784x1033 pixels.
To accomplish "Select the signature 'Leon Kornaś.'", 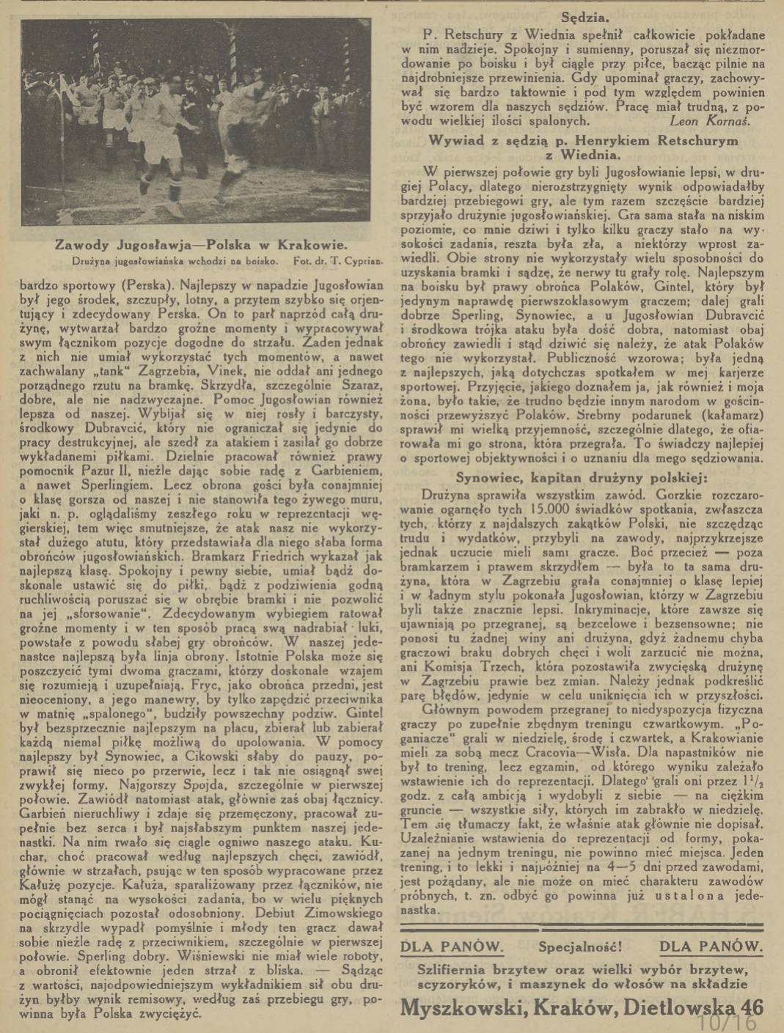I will tap(710, 121).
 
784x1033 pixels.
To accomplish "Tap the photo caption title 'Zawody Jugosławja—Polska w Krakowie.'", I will tap(202, 245).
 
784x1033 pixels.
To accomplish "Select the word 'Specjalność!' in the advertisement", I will tap(580, 946).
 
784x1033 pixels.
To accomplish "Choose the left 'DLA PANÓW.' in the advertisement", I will tap(452, 946).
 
